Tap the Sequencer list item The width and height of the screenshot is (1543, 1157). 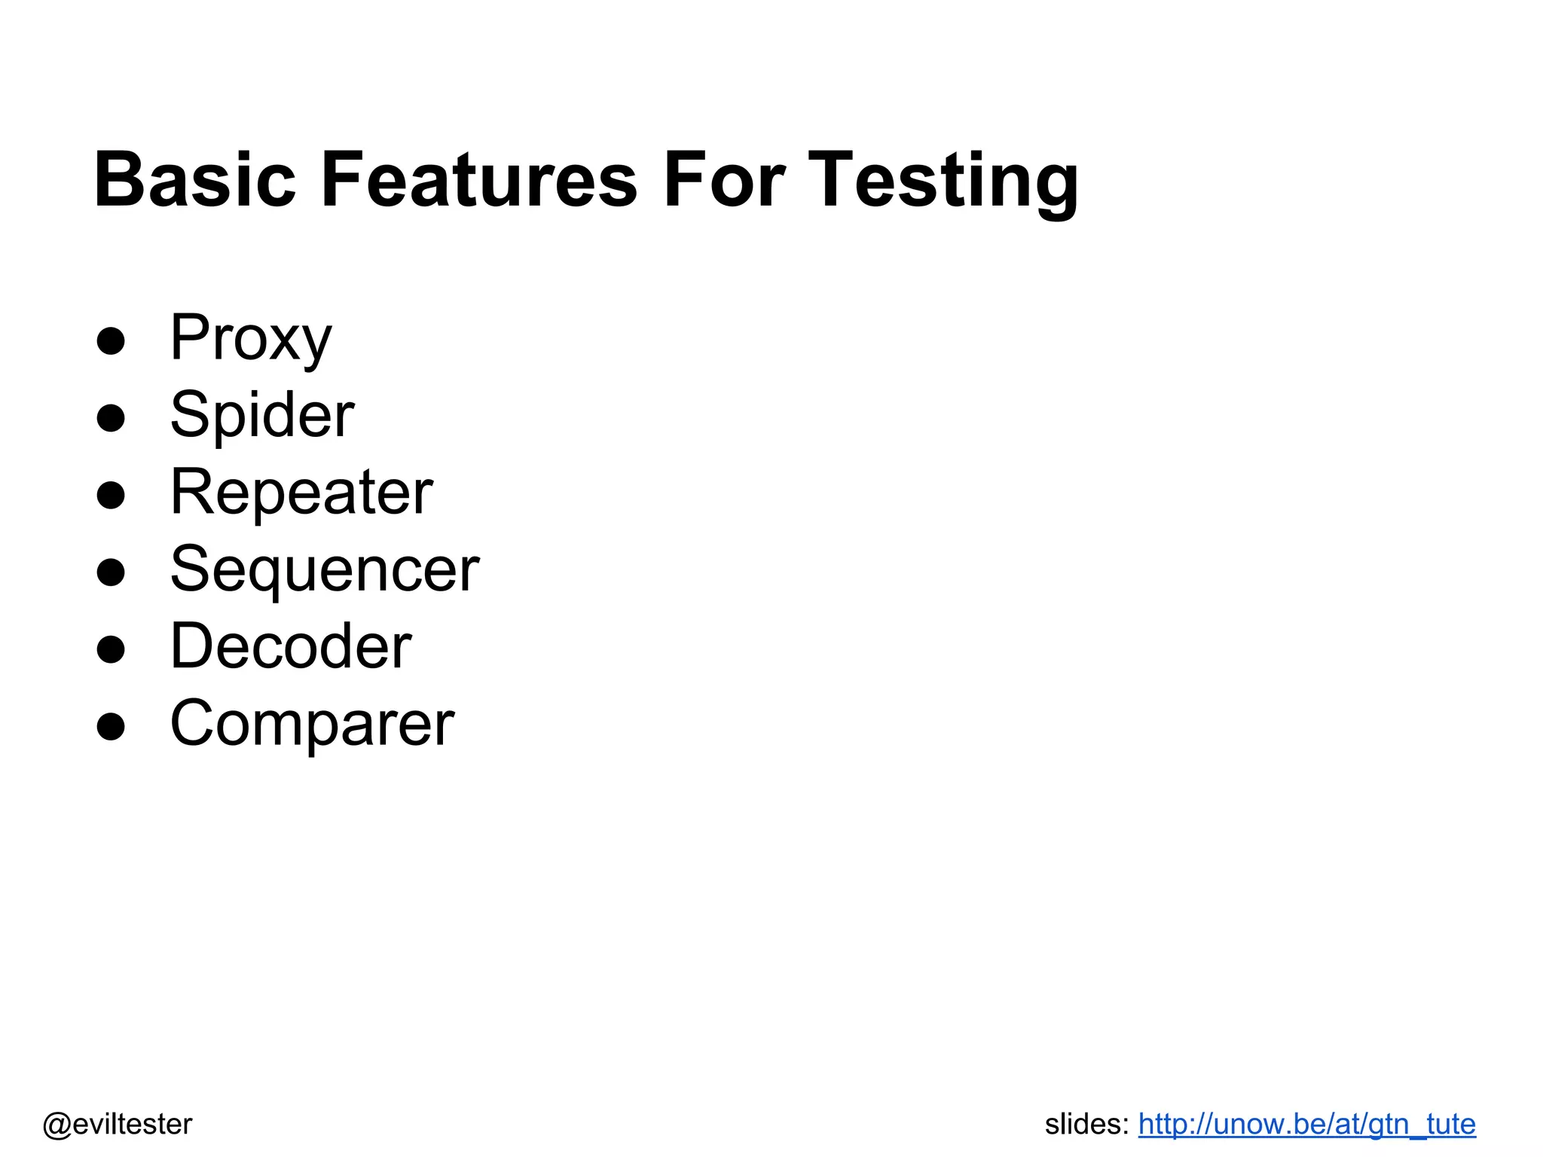click(325, 569)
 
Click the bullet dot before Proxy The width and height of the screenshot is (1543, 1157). click(111, 340)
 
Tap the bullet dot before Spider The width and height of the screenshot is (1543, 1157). click(111, 418)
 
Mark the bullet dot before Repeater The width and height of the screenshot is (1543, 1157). click(111, 495)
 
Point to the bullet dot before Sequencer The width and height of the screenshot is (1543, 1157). click(111, 572)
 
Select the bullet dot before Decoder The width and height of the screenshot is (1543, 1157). click(111, 649)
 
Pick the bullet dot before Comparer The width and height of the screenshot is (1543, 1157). click(111, 726)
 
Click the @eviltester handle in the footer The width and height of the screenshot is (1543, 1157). click(118, 1124)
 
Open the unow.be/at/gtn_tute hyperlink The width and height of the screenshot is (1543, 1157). click(1306, 1124)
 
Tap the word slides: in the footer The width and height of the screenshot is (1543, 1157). click(1086, 1124)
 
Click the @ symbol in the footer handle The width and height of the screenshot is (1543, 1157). click(57, 1125)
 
